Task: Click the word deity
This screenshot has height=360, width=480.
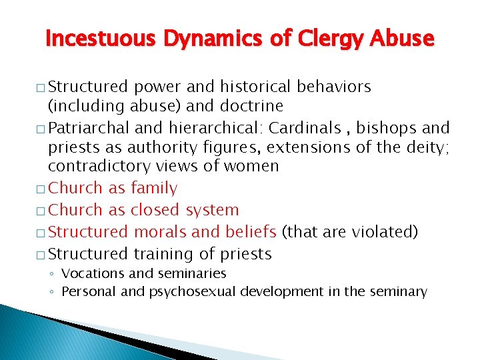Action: pos(425,146)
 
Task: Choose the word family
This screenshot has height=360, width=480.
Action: pos(154,189)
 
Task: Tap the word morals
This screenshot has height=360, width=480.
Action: pos(163,232)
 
